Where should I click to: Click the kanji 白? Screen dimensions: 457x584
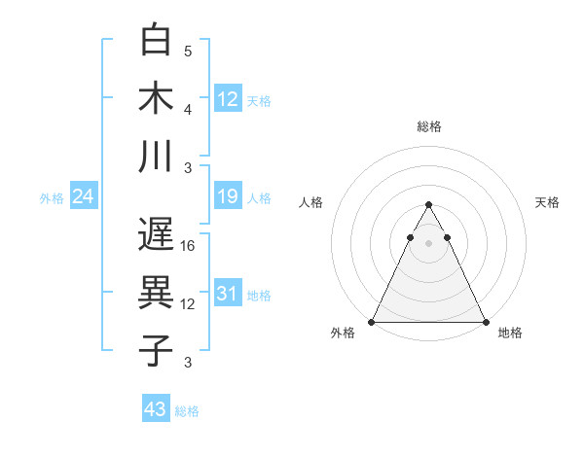coord(156,42)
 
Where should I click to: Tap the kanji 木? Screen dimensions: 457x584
coord(156,98)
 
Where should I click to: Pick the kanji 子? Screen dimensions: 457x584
coord(156,351)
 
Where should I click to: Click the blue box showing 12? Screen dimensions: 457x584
coord(228,98)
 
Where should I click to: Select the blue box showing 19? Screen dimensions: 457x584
coord(228,197)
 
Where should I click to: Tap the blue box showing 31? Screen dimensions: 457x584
coord(228,295)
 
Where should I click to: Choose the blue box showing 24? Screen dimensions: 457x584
coord(84,197)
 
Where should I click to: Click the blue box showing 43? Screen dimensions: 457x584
coord(156,409)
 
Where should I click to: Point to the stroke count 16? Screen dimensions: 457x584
coord(188,246)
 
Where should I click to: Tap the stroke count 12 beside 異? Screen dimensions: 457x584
coord(188,303)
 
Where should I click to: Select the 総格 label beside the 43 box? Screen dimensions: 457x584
coord(187,411)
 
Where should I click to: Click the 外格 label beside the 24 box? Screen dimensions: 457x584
coord(52,198)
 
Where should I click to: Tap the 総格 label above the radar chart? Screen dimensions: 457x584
coord(428,126)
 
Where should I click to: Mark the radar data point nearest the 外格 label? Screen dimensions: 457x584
coord(372,322)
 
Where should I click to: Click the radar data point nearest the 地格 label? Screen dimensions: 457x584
coord(485,322)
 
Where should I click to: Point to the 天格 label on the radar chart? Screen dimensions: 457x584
coord(547,202)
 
